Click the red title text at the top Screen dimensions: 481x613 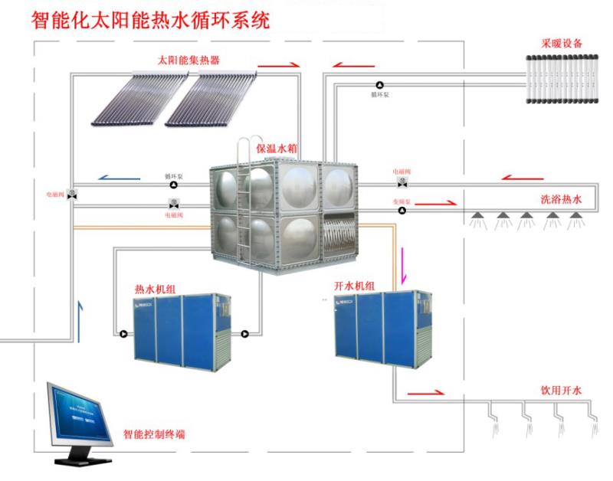[150, 19]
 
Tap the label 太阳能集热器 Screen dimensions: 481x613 [186, 60]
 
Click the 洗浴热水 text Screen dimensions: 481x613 [561, 199]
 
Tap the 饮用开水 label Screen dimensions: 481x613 [561, 391]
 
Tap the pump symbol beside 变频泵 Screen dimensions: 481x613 [402, 209]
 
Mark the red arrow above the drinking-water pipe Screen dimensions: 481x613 [425, 392]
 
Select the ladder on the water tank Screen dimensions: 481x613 [244, 199]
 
